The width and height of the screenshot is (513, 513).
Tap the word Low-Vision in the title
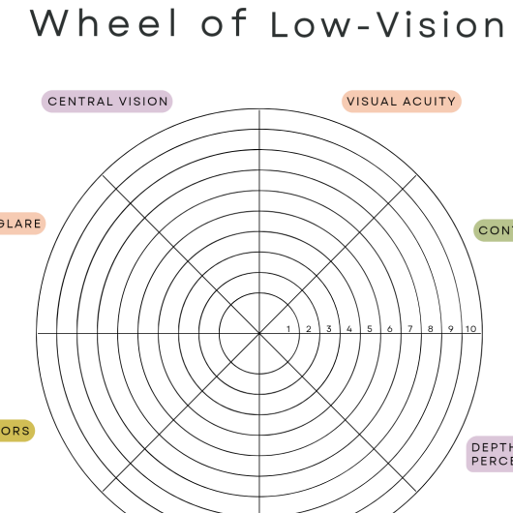coord(387,24)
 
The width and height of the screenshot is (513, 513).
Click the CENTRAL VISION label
coord(107,101)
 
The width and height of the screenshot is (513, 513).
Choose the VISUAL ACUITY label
coord(401,101)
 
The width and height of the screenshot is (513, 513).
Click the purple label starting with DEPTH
coord(491,454)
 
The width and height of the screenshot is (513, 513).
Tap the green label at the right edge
coord(495,230)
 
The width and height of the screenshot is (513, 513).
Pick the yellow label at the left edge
coord(16,431)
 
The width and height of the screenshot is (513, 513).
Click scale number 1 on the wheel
coord(288,329)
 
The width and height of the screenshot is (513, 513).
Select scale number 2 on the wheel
coord(309,329)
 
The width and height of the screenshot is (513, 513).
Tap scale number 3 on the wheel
coord(329,329)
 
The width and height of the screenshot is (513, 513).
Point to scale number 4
coord(349,329)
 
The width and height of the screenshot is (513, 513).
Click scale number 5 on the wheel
coord(370,329)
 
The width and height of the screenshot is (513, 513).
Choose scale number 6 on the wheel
coord(390,329)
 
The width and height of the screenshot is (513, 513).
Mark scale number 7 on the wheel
coord(410,329)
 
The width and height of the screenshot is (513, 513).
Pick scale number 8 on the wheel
coord(431,329)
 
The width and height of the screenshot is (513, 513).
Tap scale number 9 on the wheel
coord(451,329)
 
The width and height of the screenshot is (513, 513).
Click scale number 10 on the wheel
coord(470,329)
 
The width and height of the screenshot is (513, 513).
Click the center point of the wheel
coord(259,334)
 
